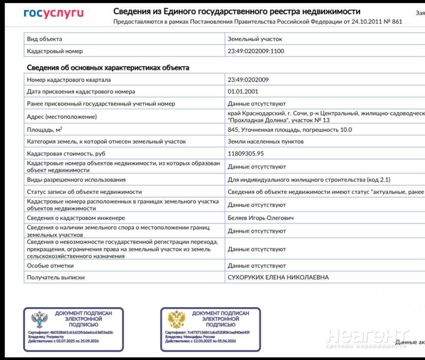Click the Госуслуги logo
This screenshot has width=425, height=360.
[53, 14]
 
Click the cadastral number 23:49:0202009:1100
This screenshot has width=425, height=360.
[256, 51]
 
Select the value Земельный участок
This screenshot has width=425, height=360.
[255, 39]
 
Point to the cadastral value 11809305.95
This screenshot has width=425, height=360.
[246, 153]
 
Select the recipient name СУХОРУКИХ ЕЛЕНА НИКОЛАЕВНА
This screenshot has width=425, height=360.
[278, 277]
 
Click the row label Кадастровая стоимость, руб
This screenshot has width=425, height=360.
[66, 153]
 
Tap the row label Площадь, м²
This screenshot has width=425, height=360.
[44, 129]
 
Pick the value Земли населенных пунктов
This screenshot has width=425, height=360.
[266, 141]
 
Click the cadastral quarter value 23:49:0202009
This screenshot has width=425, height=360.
[248, 80]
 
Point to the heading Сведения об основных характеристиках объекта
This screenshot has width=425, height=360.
[108, 68]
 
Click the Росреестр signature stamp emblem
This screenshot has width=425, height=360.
[40, 320]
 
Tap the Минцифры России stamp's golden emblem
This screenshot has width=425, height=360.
[176, 320]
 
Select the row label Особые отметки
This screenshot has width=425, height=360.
[50, 265]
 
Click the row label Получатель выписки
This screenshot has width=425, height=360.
[56, 277]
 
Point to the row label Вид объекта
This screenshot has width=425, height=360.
[44, 39]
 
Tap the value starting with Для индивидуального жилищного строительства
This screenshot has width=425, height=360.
[309, 180]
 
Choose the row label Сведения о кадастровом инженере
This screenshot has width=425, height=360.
[76, 218]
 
